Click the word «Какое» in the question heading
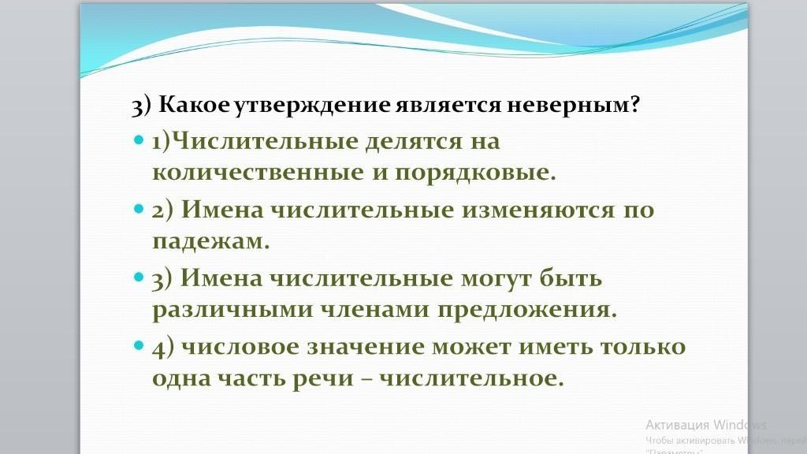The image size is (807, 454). tap(195, 105)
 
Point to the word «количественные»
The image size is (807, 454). tap(258, 173)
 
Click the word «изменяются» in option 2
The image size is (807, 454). tap(537, 210)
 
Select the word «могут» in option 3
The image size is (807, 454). tap(496, 279)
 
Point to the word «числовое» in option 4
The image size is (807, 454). tap(240, 347)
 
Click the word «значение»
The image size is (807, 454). tap(366, 347)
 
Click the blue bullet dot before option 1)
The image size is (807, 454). tap(139, 140)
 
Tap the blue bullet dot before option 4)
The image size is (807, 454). tap(139, 345)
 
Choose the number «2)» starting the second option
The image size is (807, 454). tap(162, 210)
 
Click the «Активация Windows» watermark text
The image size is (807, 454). tap(706, 425)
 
